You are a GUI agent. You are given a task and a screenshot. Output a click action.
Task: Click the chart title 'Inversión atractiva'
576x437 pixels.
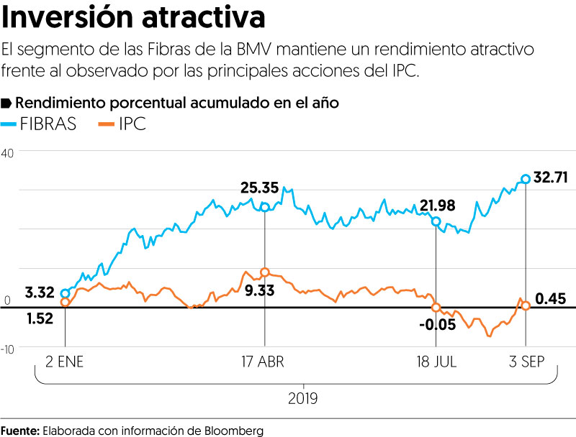(133, 17)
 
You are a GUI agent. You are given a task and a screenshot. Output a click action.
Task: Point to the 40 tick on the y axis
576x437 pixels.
(8, 153)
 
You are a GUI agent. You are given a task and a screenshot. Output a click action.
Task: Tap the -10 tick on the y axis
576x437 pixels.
(8, 349)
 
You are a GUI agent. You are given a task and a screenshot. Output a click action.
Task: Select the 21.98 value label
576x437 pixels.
(438, 206)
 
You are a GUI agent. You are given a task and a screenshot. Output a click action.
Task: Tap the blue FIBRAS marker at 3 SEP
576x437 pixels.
(526, 178)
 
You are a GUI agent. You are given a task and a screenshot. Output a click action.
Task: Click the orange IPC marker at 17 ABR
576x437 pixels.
(265, 272)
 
